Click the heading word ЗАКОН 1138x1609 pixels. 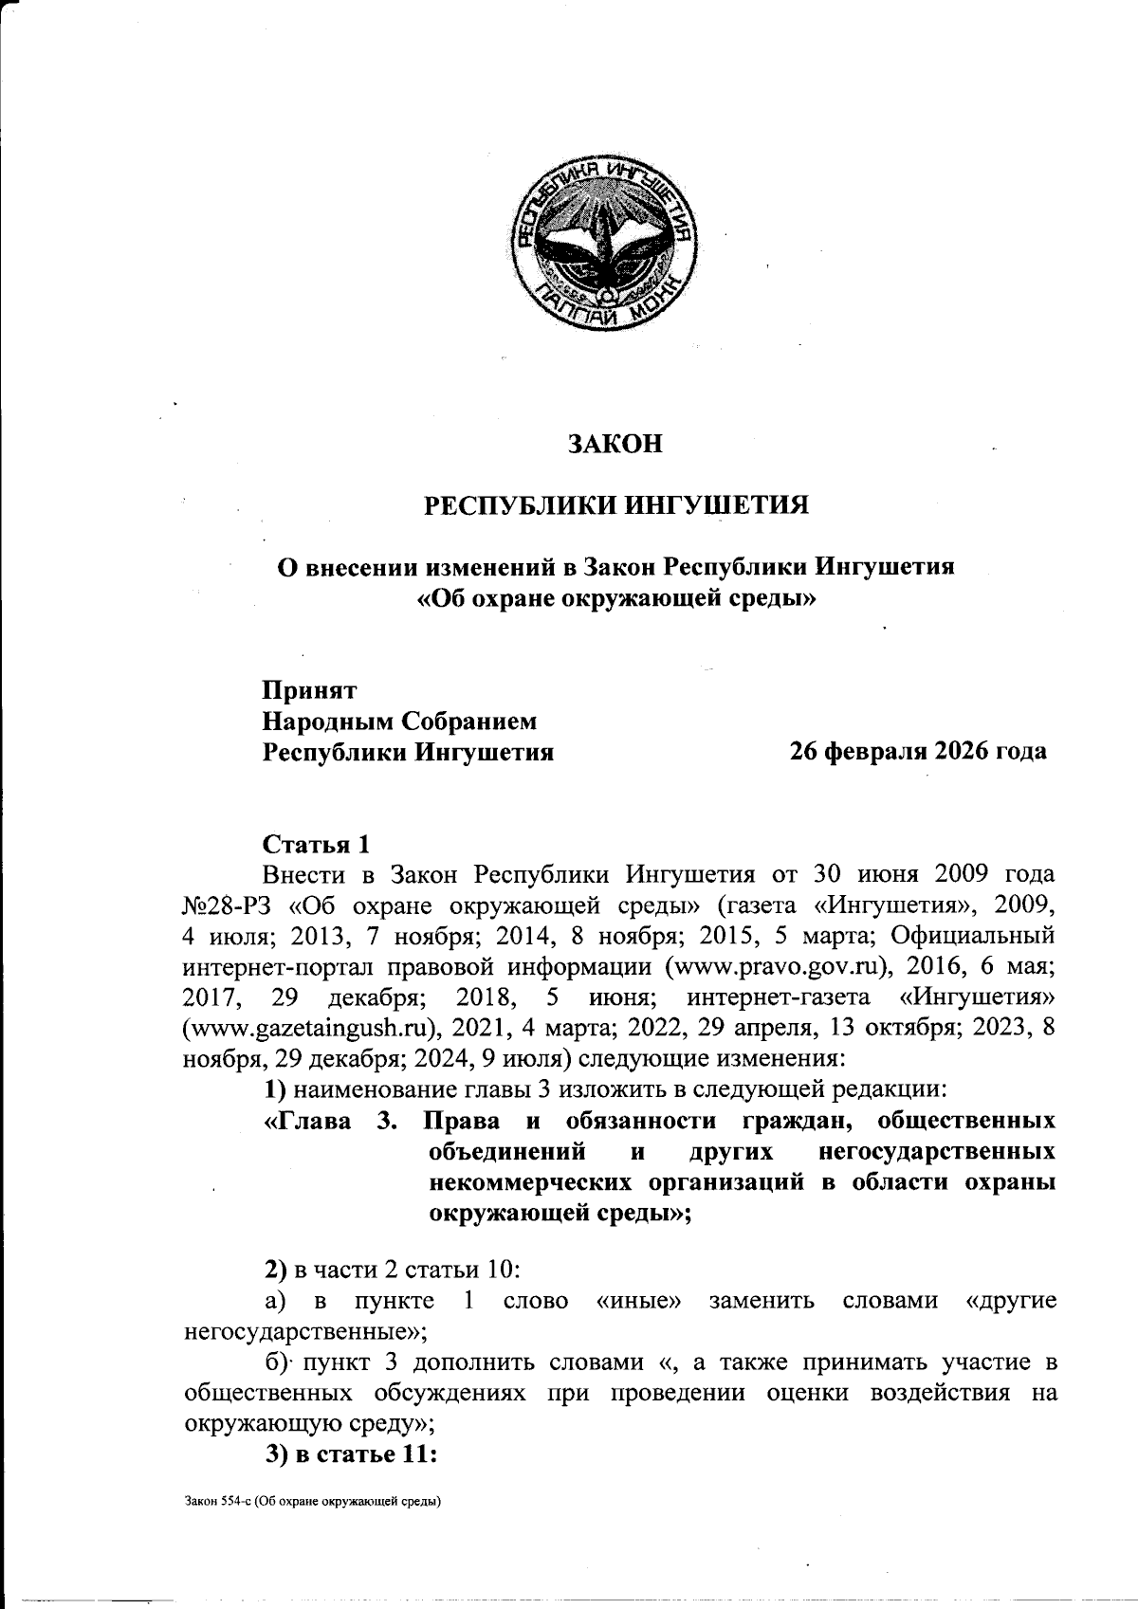[615, 444]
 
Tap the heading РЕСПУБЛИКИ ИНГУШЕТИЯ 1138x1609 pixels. [615, 504]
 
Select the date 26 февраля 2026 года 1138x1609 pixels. [918, 752]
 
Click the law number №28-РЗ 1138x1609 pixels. [228, 905]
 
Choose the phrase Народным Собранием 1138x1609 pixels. [399, 722]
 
